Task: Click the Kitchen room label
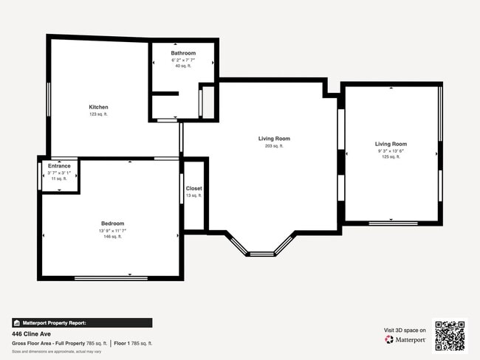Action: (98, 107)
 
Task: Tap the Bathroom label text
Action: (183, 53)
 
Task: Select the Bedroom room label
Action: (112, 224)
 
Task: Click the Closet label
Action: (193, 188)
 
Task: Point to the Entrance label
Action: (59, 166)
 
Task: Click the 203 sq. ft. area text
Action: (273, 146)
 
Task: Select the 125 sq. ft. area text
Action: (391, 157)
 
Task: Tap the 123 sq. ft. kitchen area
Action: (98, 114)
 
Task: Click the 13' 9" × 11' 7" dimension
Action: (112, 231)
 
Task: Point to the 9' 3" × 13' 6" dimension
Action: (391, 151)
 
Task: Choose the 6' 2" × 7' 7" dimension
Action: (183, 60)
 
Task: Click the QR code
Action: (450, 336)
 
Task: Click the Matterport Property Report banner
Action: (81, 322)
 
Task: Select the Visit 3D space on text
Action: (405, 330)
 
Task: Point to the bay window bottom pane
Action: (261, 254)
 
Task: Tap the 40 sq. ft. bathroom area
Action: (183, 66)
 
